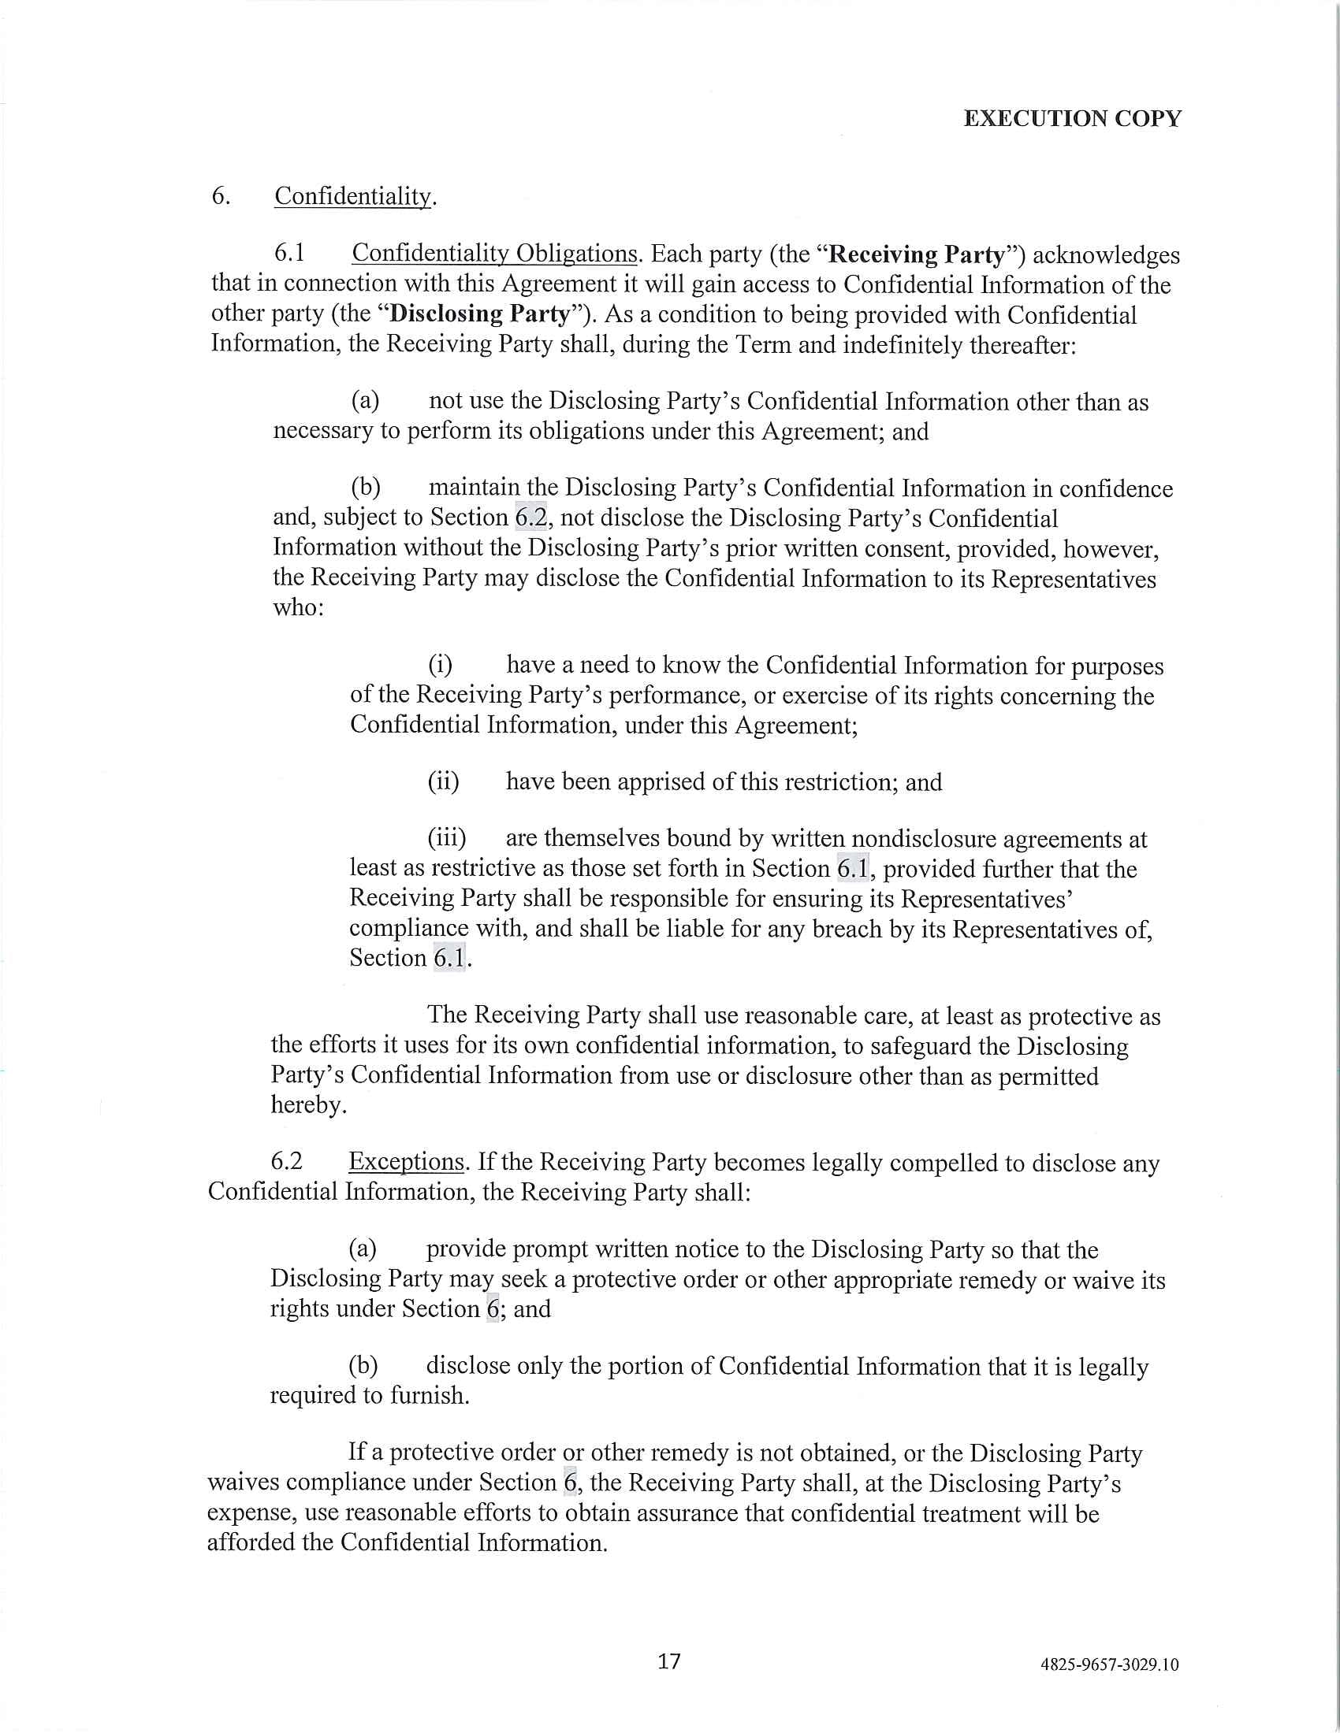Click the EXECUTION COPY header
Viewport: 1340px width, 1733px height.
[1072, 118]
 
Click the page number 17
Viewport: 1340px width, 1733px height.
[669, 1661]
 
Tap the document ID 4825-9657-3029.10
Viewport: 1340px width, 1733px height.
[1109, 1664]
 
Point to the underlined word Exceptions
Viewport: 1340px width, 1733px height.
[406, 1162]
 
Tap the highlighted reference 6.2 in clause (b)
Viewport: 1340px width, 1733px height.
[530, 518]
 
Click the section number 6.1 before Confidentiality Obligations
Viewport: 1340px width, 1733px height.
[290, 253]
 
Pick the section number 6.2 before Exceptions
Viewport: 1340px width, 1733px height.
[287, 1162]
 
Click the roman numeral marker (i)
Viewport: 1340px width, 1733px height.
[440, 664]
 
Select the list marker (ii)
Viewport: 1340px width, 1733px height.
[443, 781]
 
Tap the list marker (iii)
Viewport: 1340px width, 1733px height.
[446, 839]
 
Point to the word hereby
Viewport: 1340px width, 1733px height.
[308, 1104]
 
